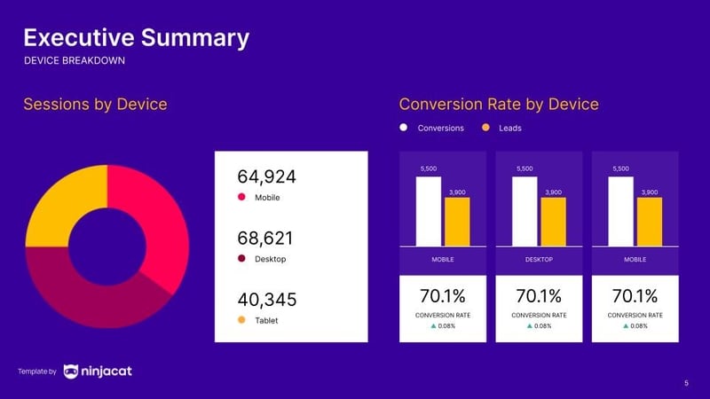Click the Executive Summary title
click(136, 38)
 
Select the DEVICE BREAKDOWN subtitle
click(75, 61)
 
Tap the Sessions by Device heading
click(95, 105)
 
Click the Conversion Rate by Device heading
click(499, 105)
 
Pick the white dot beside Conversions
click(404, 128)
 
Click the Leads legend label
click(509, 128)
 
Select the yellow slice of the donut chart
click(58, 200)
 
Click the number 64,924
click(266, 177)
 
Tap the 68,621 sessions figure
click(265, 239)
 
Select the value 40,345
click(266, 301)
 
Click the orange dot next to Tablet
click(241, 320)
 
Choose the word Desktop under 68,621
click(271, 259)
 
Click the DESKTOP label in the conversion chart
click(539, 260)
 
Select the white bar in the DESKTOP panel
click(525, 211)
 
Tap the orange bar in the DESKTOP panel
click(553, 221)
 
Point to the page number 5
click(686, 382)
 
